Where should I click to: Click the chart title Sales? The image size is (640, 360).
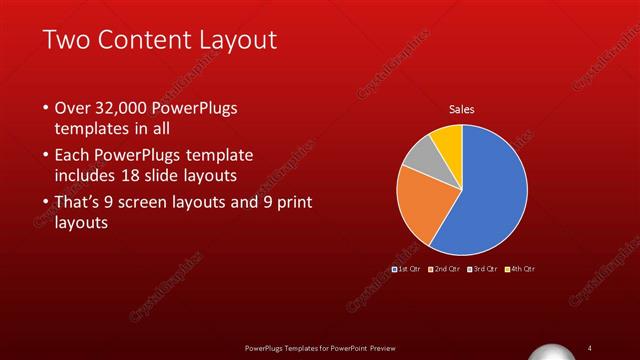[461, 109]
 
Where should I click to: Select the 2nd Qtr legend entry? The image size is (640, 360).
[446, 269]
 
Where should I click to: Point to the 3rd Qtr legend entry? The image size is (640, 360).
[484, 269]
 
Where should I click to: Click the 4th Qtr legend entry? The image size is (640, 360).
[522, 269]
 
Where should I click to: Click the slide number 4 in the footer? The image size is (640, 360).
[590, 346]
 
